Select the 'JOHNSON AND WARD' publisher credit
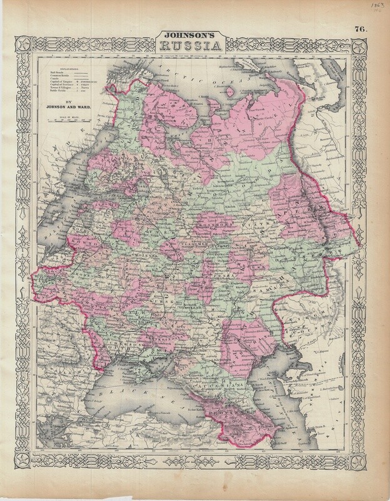pyautogui.click(x=69, y=106)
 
